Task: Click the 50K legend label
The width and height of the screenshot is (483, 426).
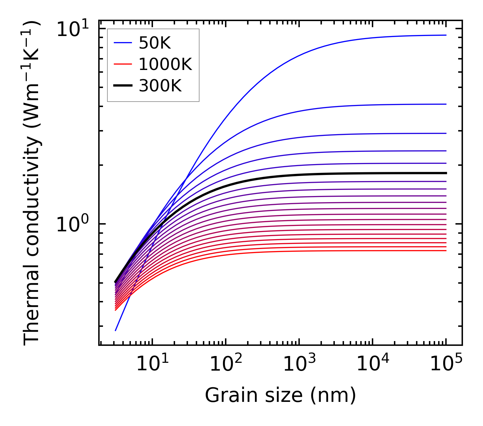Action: pyautogui.click(x=155, y=43)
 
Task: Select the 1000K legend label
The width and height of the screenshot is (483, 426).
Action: pyautogui.click(x=165, y=64)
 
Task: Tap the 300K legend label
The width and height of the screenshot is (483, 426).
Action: pyautogui.click(x=160, y=86)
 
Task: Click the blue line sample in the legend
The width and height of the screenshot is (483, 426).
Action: pyautogui.click(x=122, y=43)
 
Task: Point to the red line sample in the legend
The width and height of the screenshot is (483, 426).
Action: pyautogui.click(x=122, y=64)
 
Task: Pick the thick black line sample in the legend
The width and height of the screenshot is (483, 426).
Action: pyautogui.click(x=122, y=86)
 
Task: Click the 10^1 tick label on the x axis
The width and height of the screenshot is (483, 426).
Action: pyautogui.click(x=152, y=365)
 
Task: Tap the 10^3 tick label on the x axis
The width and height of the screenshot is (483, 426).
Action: pyautogui.click(x=299, y=365)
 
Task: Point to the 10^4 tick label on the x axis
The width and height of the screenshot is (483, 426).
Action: pyautogui.click(x=373, y=365)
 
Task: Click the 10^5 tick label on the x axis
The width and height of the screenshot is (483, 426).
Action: pyautogui.click(x=446, y=365)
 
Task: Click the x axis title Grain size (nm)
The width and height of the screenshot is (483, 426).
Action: pyautogui.click(x=280, y=395)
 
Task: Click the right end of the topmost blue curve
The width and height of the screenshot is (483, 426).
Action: pyautogui.click(x=446, y=35)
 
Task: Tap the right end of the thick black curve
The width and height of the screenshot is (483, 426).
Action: pyautogui.click(x=446, y=173)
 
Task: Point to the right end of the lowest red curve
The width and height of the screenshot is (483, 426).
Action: pyautogui.click(x=446, y=251)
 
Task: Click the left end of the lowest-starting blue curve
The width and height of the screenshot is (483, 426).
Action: pyautogui.click(x=116, y=330)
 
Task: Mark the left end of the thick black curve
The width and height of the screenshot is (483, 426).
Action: pyautogui.click(x=116, y=282)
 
